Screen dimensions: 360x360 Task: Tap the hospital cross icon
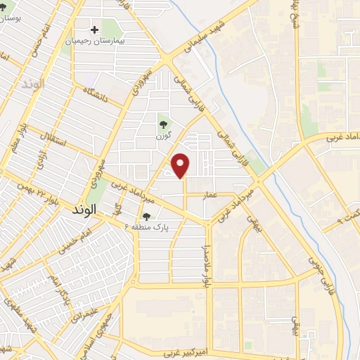click(95, 31)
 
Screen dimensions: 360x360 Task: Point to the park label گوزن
click(165, 132)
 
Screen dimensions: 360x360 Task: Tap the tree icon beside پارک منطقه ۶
click(147, 217)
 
